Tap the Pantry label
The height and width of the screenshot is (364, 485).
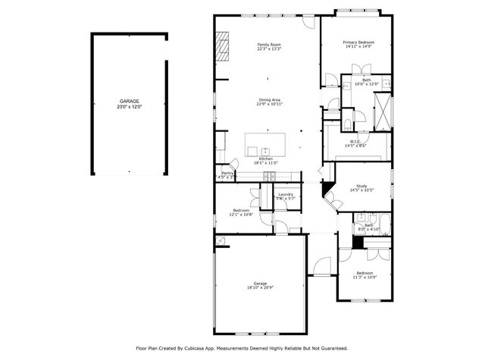click(227, 174)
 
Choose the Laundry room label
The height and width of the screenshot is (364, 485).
click(285, 195)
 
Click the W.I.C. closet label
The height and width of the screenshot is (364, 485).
click(355, 142)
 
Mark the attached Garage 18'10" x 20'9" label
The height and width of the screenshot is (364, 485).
click(258, 285)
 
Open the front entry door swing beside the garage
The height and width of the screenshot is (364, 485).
click(321, 266)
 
